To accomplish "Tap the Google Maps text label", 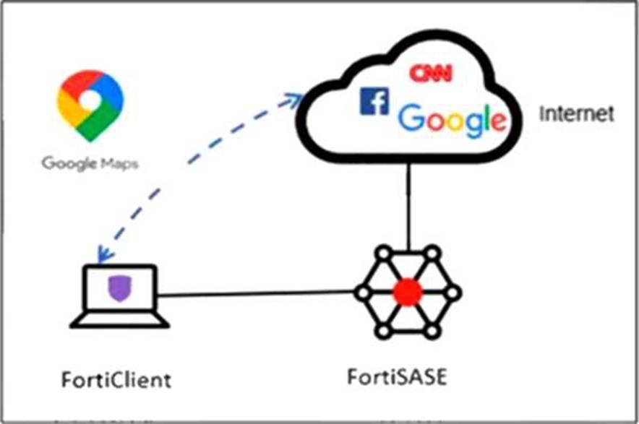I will pyautogui.click(x=90, y=163).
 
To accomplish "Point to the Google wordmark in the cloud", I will pyautogui.click(x=453, y=118).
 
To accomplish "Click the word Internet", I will pyautogui.click(x=576, y=113).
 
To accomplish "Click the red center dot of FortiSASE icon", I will pyautogui.click(x=408, y=292).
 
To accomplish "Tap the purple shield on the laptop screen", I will pyautogui.click(x=119, y=289).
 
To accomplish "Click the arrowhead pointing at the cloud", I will pyautogui.click(x=296, y=100).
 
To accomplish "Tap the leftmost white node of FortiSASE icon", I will pyautogui.click(x=361, y=293).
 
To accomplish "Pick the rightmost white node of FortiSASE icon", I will pyautogui.click(x=454, y=293).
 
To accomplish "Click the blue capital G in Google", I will pyautogui.click(x=414, y=118).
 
